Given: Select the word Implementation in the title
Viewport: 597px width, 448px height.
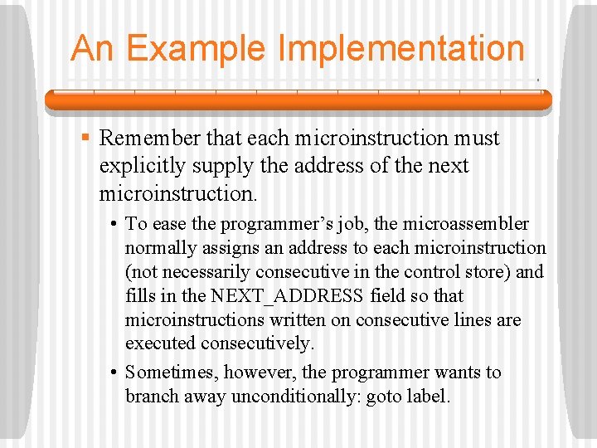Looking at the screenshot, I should click(x=401, y=49).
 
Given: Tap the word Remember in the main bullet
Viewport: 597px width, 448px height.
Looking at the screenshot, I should click(x=152, y=138).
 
